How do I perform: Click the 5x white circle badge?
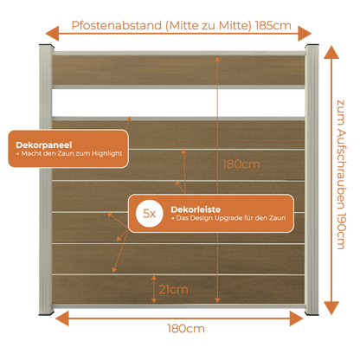[x=150, y=214]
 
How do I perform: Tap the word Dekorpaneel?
[x=44, y=145]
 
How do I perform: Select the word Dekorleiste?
[x=196, y=209]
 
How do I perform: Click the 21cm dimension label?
[x=173, y=289]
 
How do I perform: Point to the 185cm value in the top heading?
[x=273, y=26]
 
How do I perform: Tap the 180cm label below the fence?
[x=186, y=329]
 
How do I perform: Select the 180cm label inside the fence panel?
[x=241, y=164]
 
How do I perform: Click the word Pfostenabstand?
[x=117, y=25]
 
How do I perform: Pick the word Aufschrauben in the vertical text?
[x=341, y=169]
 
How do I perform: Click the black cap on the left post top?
[x=46, y=46]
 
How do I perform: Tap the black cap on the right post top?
[x=312, y=46]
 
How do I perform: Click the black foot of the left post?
[x=46, y=312]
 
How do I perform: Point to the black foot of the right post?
[x=312, y=312]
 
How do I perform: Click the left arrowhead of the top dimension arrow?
[x=52, y=34]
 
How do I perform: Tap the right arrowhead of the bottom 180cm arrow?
[x=297, y=318]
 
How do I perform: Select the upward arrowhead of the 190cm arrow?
[x=331, y=52]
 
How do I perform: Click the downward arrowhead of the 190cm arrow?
[x=331, y=308]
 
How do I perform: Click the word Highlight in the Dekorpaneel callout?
[x=107, y=154]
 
